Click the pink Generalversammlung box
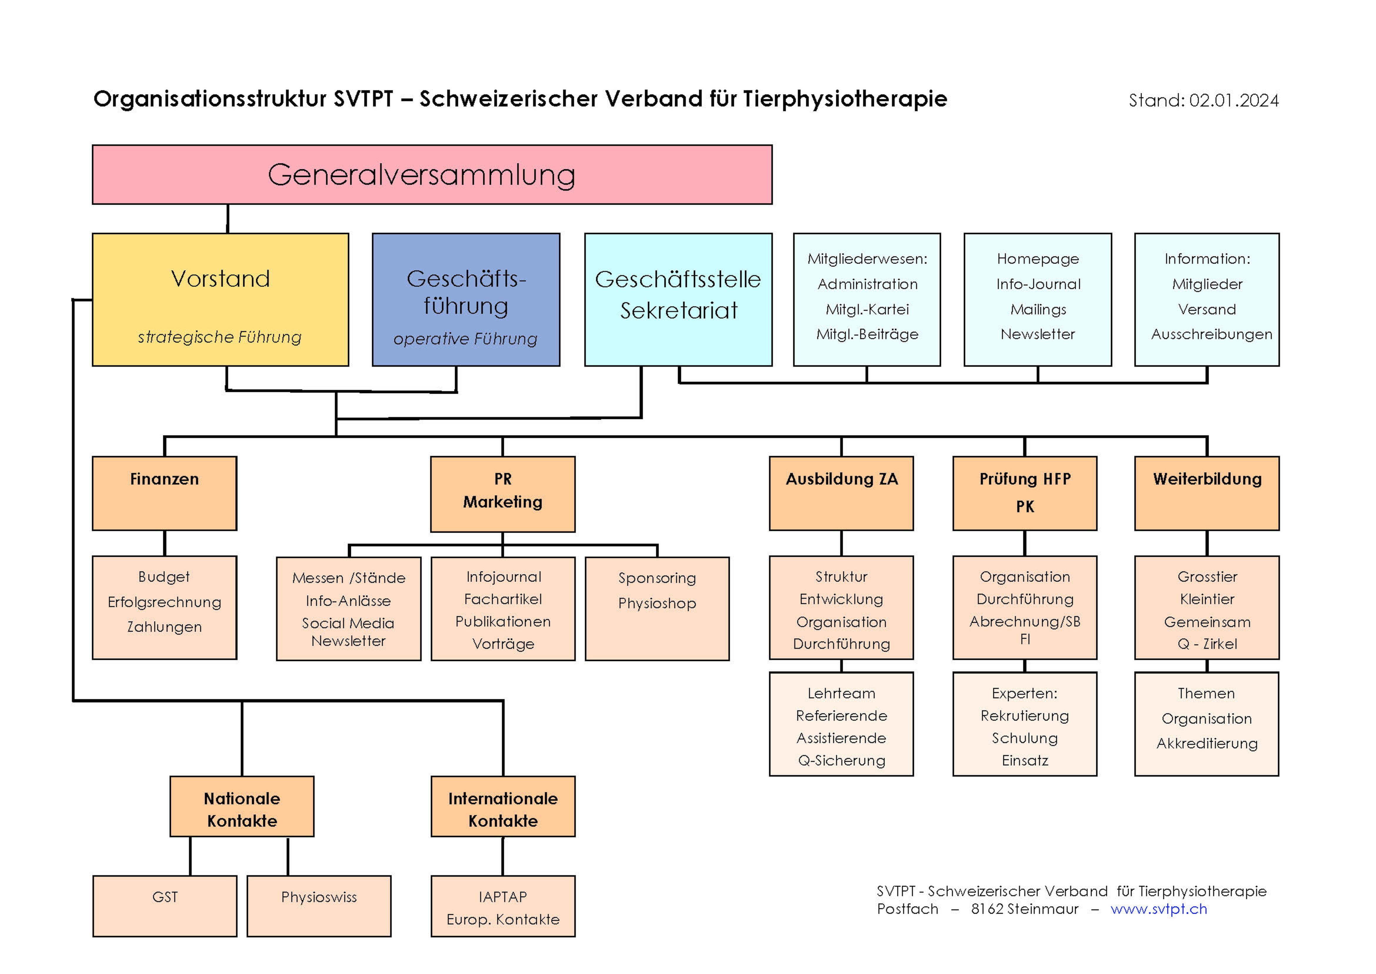pos(432,175)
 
